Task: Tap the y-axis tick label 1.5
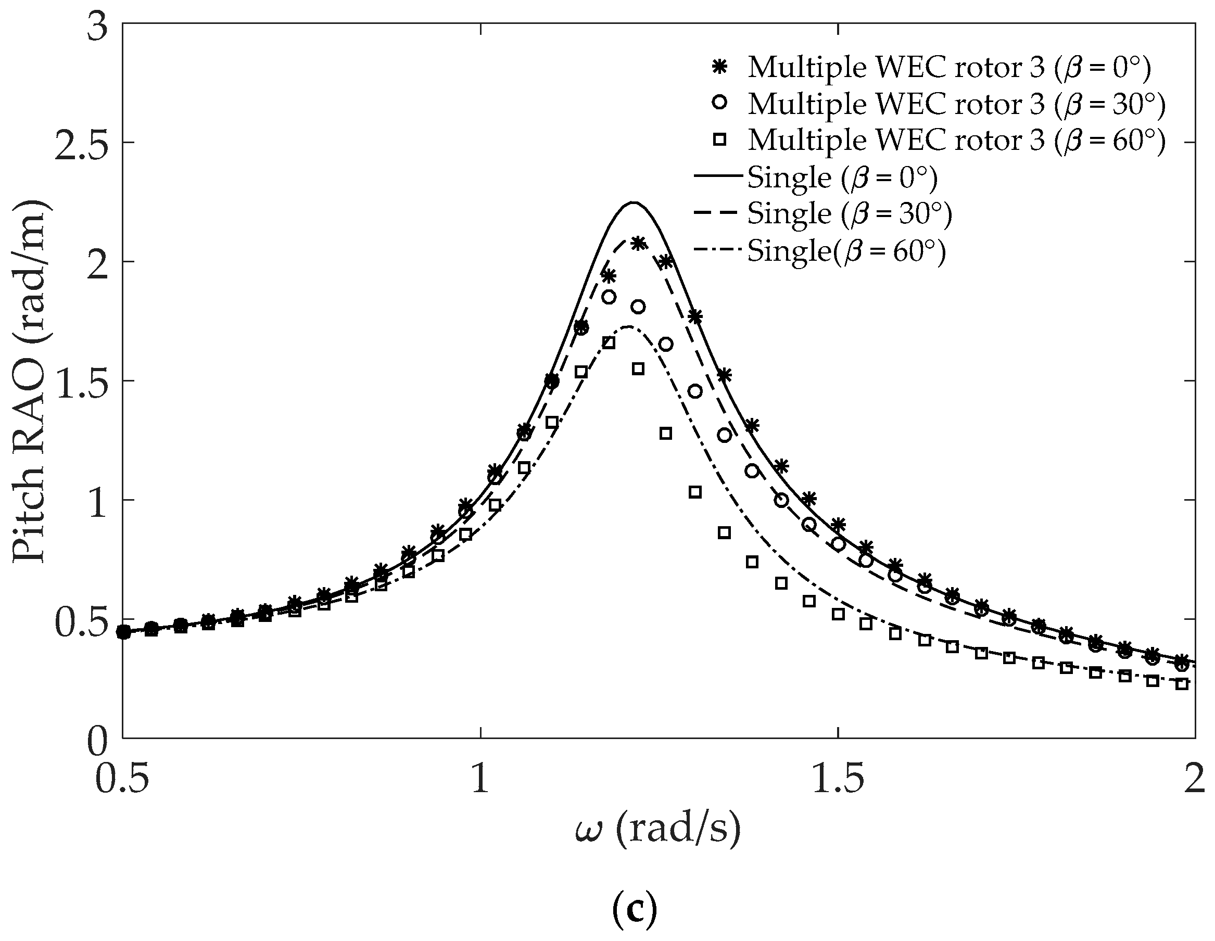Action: tap(81, 381)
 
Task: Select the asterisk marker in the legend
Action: tap(720, 67)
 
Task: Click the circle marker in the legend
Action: tap(720, 104)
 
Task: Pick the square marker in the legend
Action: tap(720, 140)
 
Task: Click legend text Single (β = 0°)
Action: tap(842, 177)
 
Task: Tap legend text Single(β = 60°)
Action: tap(846, 251)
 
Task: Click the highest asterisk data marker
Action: tap(638, 243)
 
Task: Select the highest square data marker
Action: tap(609, 343)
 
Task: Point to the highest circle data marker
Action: tap(609, 298)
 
